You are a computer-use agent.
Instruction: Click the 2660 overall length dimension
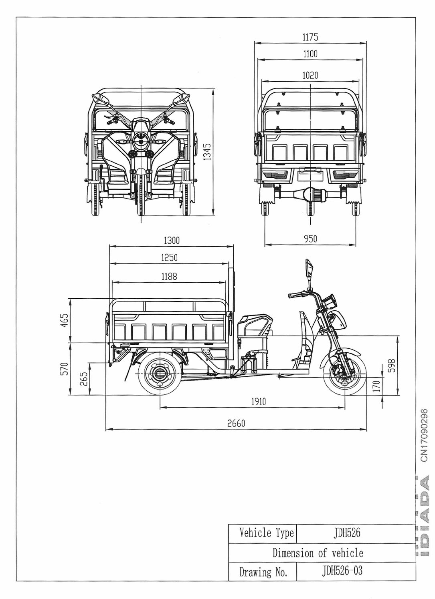click(236, 423)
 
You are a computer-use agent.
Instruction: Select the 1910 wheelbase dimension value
click(258, 402)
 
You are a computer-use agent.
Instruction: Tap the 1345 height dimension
click(207, 152)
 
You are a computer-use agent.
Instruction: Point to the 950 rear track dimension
click(310, 239)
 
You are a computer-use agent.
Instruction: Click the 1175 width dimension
click(310, 37)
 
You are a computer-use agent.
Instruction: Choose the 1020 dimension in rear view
click(310, 75)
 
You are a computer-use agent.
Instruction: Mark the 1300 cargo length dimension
click(172, 241)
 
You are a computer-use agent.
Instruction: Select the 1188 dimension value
click(169, 276)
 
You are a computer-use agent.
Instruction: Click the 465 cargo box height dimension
click(64, 320)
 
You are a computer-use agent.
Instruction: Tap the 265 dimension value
click(84, 379)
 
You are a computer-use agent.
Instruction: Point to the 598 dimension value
click(392, 365)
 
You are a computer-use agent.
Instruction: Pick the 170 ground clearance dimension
click(376, 386)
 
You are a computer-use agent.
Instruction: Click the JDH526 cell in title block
click(347, 533)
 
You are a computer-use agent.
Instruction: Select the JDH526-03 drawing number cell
click(342, 571)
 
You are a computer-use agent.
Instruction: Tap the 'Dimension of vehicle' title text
click(318, 553)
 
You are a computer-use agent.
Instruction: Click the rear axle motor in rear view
click(311, 195)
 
